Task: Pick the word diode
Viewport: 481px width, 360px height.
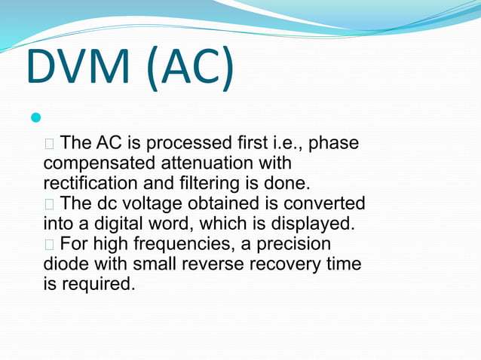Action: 65,265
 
